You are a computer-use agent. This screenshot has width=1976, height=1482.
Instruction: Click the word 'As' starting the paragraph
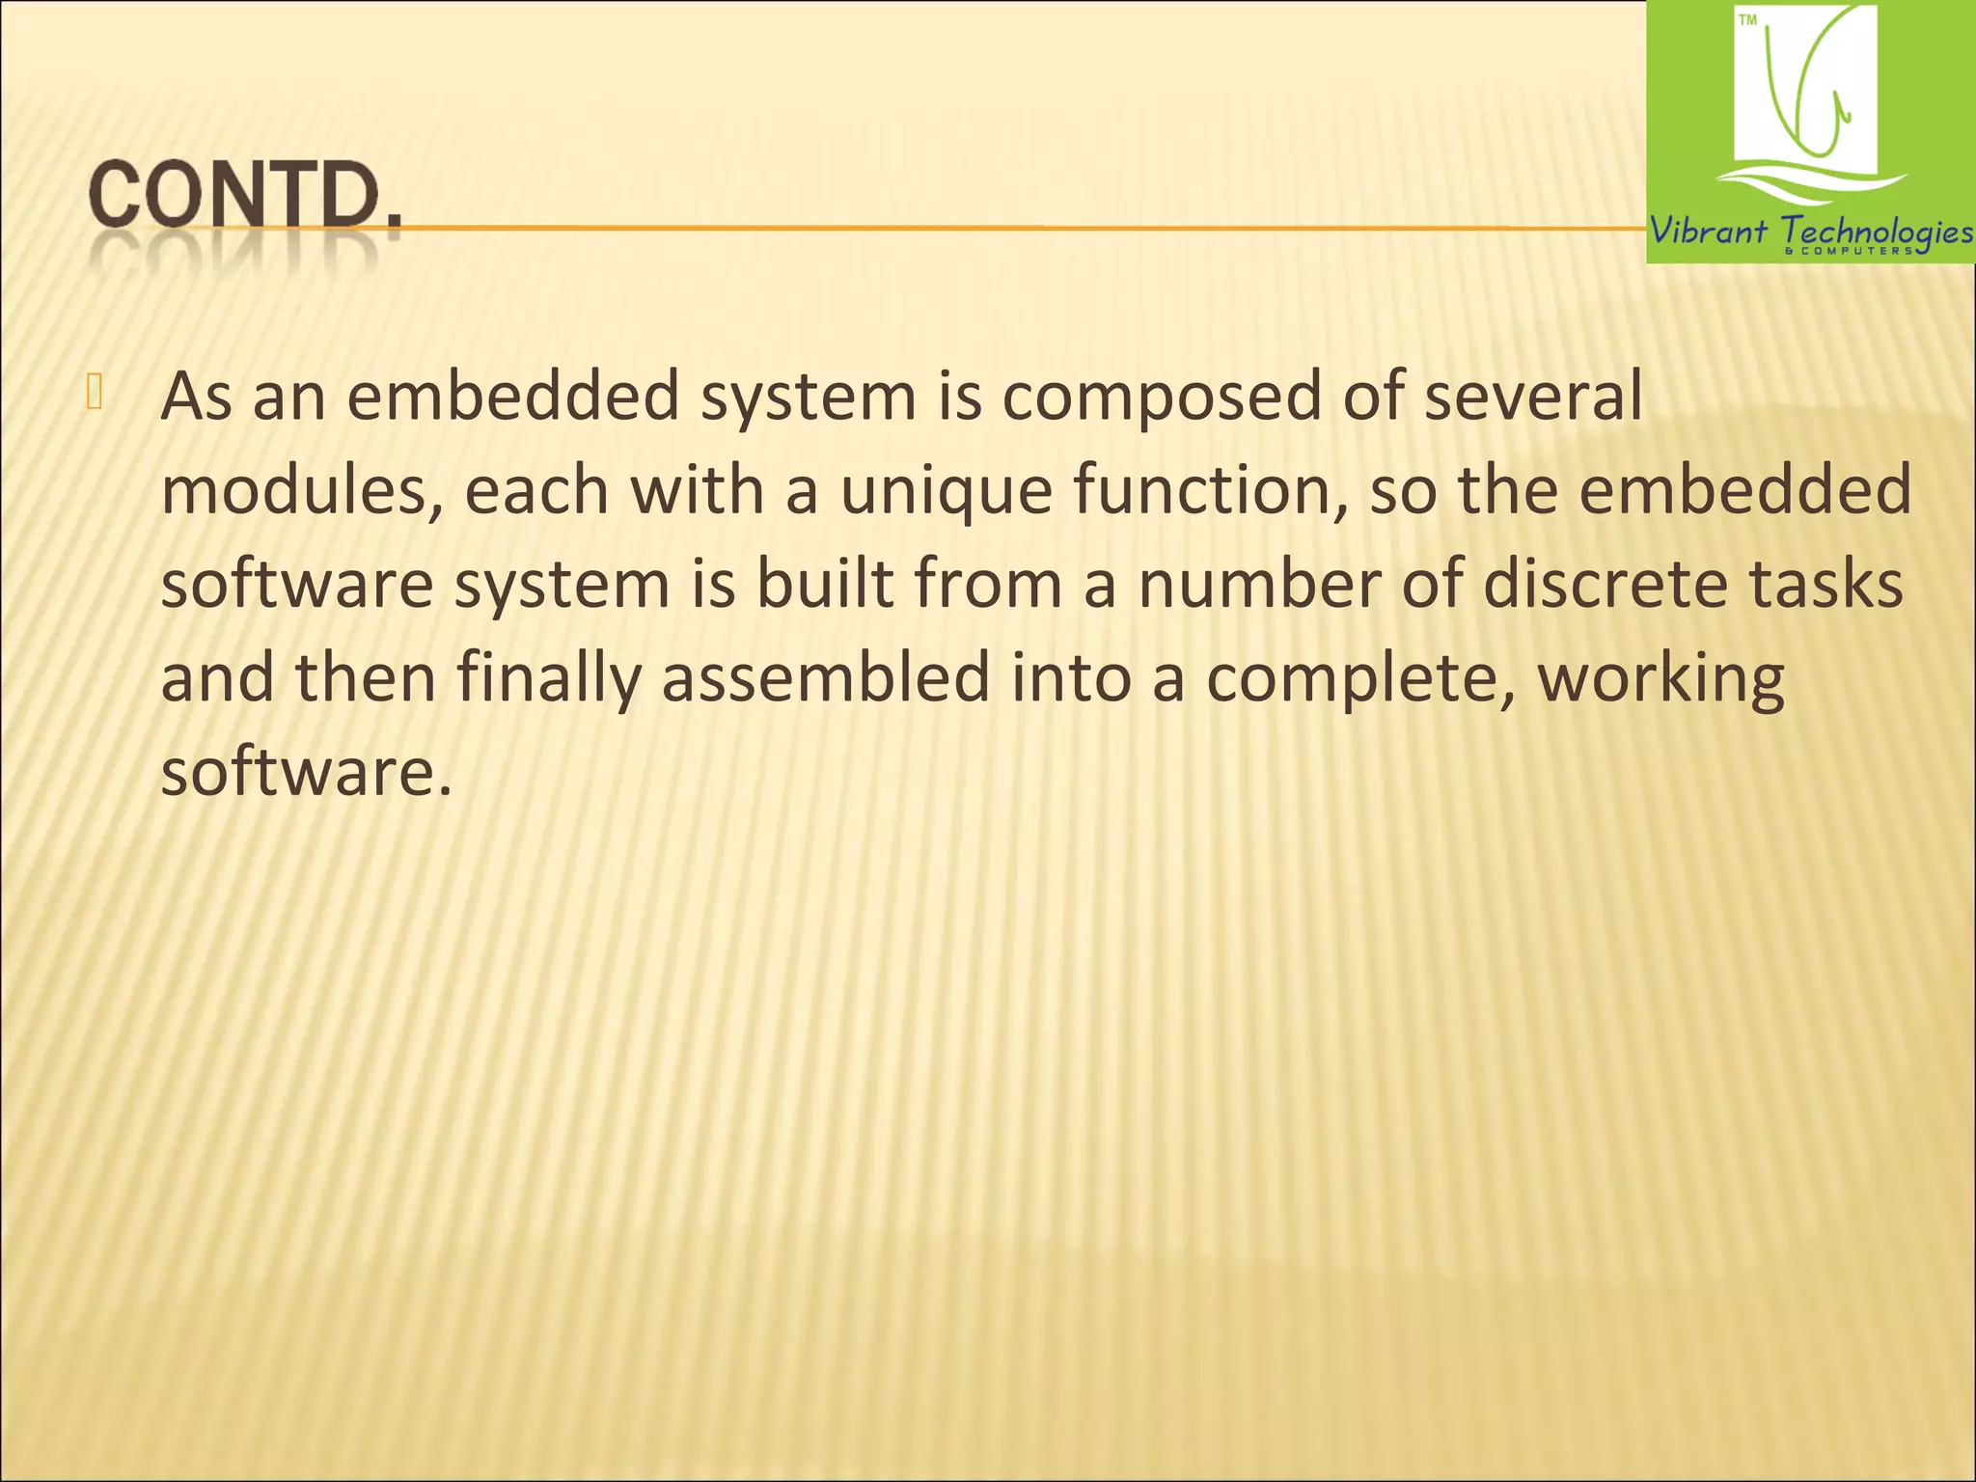197,397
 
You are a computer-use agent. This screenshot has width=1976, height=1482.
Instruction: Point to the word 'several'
1533,397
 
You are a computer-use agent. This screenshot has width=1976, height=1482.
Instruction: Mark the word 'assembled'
826,677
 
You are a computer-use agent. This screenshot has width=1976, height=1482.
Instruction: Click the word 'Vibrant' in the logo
1708,232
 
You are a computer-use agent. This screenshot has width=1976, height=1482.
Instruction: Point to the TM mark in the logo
1747,20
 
